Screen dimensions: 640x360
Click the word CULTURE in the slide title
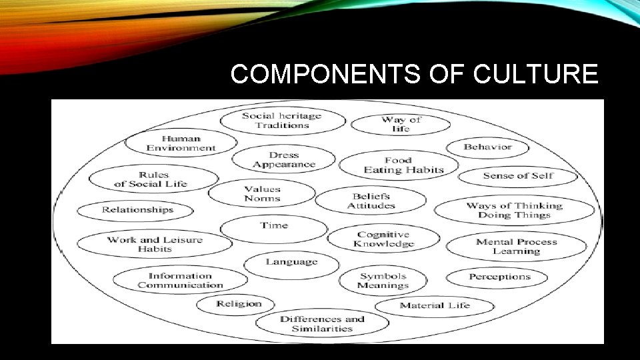535,75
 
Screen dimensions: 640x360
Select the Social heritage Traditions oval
282,121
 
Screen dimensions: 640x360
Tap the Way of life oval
401,124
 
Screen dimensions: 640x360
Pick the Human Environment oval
181,143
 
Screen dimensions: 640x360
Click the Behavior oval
487,147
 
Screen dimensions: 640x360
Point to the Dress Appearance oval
283,160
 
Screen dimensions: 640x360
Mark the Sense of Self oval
518,176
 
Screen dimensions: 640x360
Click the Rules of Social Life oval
153,179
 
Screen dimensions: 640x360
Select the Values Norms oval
262,194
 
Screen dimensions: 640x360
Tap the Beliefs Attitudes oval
371,201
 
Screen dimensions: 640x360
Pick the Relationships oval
137,210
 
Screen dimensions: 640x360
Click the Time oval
274,226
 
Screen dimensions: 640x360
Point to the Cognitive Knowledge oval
383,239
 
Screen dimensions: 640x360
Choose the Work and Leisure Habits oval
155,244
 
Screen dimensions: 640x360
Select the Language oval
291,262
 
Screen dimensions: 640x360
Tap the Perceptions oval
499,277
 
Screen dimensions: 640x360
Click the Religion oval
238,304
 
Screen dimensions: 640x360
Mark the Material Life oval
435,306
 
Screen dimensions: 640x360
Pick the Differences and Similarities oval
323,323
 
